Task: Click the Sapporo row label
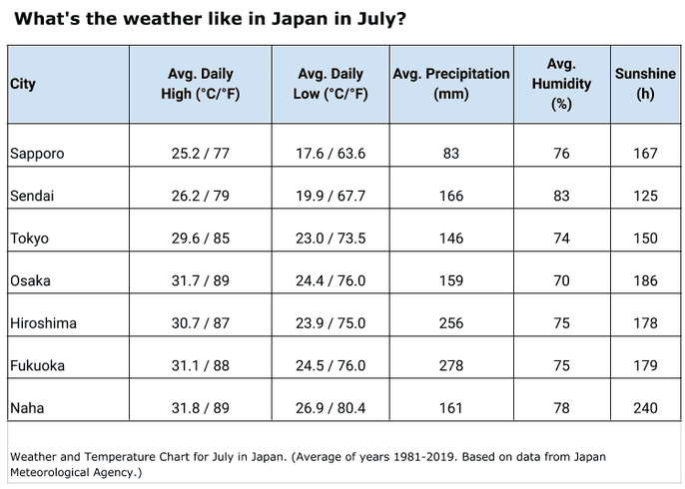coord(37,154)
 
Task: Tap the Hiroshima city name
coord(43,323)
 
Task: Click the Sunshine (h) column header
coord(645,84)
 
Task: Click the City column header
coord(23,84)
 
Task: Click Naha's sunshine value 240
coord(645,408)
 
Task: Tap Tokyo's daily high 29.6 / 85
coord(200,239)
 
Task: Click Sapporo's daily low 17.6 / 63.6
coord(332,154)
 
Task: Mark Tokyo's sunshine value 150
coord(645,239)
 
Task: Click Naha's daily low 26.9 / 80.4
coord(332,408)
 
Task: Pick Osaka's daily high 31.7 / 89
coord(200,281)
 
